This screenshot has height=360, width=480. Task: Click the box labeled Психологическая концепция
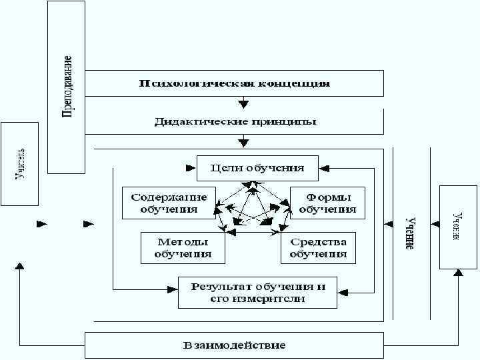[234, 83]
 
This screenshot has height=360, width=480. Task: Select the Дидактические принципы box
[234, 122]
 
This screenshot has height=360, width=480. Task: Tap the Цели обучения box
[257, 168]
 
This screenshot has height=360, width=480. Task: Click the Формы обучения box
[327, 203]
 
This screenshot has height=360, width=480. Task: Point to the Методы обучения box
[183, 247]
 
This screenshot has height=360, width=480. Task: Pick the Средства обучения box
[318, 247]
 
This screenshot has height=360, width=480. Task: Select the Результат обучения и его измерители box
[257, 292]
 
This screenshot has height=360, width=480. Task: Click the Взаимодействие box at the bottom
[234, 345]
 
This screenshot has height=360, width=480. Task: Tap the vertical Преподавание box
[67, 87]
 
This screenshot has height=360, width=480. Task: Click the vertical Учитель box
[21, 164]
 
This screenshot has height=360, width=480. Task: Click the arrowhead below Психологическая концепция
[244, 103]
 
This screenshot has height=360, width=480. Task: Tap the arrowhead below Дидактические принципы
[244, 142]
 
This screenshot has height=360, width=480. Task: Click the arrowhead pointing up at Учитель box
[20, 265]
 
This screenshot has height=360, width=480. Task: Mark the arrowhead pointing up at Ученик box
[458, 272]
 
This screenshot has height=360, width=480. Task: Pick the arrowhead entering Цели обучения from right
[323, 168]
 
